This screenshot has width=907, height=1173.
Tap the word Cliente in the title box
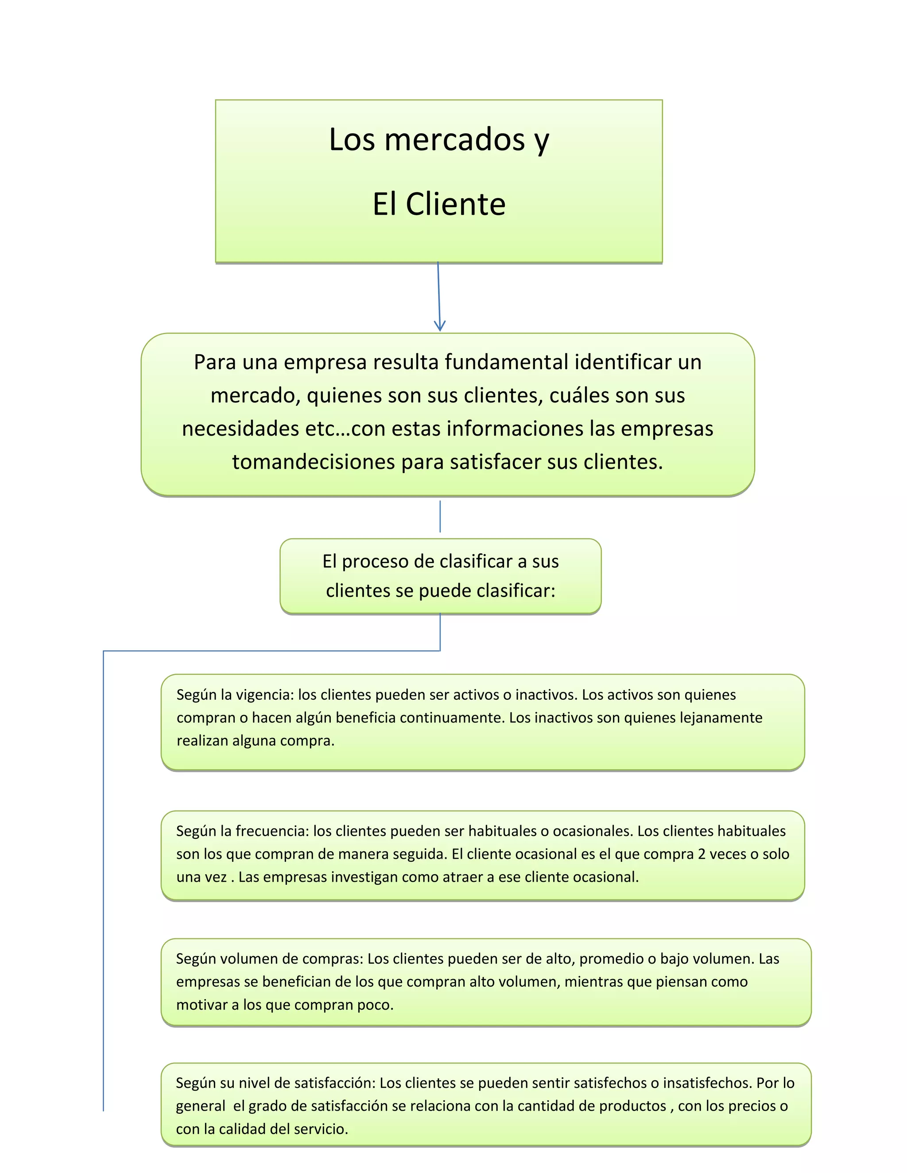[456, 205]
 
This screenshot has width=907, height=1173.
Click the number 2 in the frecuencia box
[702, 854]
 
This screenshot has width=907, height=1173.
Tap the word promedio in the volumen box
[612, 959]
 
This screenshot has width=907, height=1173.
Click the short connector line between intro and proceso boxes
[440, 517]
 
